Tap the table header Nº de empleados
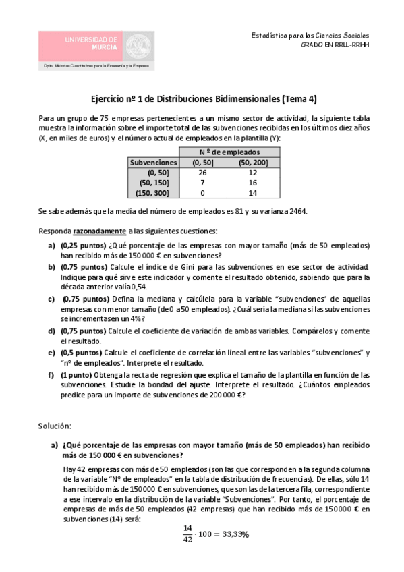(x=223, y=152)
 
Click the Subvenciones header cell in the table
(x=153, y=163)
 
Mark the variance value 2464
(x=296, y=212)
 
